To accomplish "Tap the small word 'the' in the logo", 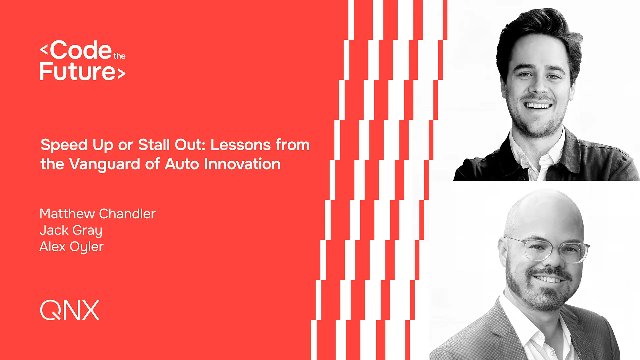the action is (x=119, y=56).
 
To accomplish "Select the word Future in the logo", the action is (x=78, y=71).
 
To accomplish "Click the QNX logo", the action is (x=70, y=310).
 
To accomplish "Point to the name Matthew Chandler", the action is (x=97, y=214).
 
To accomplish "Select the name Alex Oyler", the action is (x=71, y=247).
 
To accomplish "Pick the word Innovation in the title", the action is (x=242, y=164).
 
